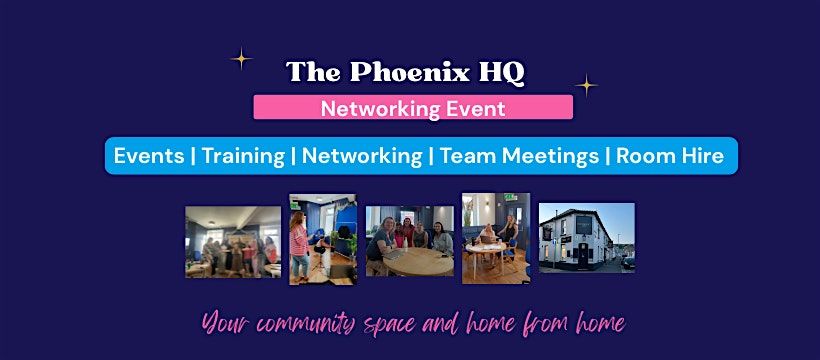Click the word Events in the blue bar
tap(149, 156)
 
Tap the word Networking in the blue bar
tap(362, 156)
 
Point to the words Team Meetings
tap(519, 156)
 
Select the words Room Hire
tap(669, 156)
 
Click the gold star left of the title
tap(241, 59)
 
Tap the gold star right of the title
tap(586, 85)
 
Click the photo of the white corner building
tap(586, 237)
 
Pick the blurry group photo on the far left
tap(232, 241)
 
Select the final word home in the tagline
tap(592, 322)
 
